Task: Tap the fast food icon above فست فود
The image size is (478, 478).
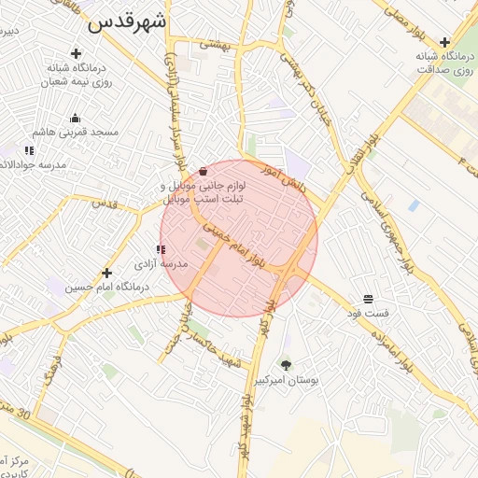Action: click(x=369, y=299)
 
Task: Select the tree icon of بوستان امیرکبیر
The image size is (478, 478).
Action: click(x=286, y=365)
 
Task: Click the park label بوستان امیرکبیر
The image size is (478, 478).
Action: click(x=286, y=381)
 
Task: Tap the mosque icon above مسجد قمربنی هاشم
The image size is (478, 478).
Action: click(x=75, y=118)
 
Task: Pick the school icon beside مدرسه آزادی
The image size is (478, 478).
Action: click(x=162, y=249)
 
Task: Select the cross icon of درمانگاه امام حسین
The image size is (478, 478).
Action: click(x=106, y=274)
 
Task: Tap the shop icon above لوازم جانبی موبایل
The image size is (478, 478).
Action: click(x=204, y=171)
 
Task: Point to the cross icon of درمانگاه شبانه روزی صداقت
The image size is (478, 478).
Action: click(x=445, y=42)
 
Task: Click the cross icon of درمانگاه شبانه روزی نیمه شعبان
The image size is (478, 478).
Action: click(x=89, y=53)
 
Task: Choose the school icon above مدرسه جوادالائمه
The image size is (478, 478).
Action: click(x=29, y=149)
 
